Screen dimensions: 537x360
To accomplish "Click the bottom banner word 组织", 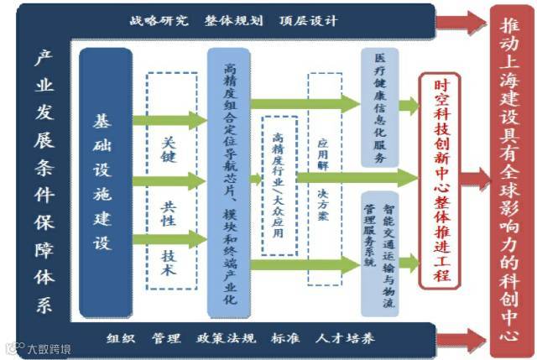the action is click(x=122, y=339).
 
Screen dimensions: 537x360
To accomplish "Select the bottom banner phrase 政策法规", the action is click(x=226, y=339).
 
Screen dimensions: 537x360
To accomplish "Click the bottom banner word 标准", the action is click(x=285, y=339).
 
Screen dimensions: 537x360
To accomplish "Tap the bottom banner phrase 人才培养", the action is click(x=345, y=339).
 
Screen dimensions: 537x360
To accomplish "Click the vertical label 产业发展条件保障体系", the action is click(x=42, y=180).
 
